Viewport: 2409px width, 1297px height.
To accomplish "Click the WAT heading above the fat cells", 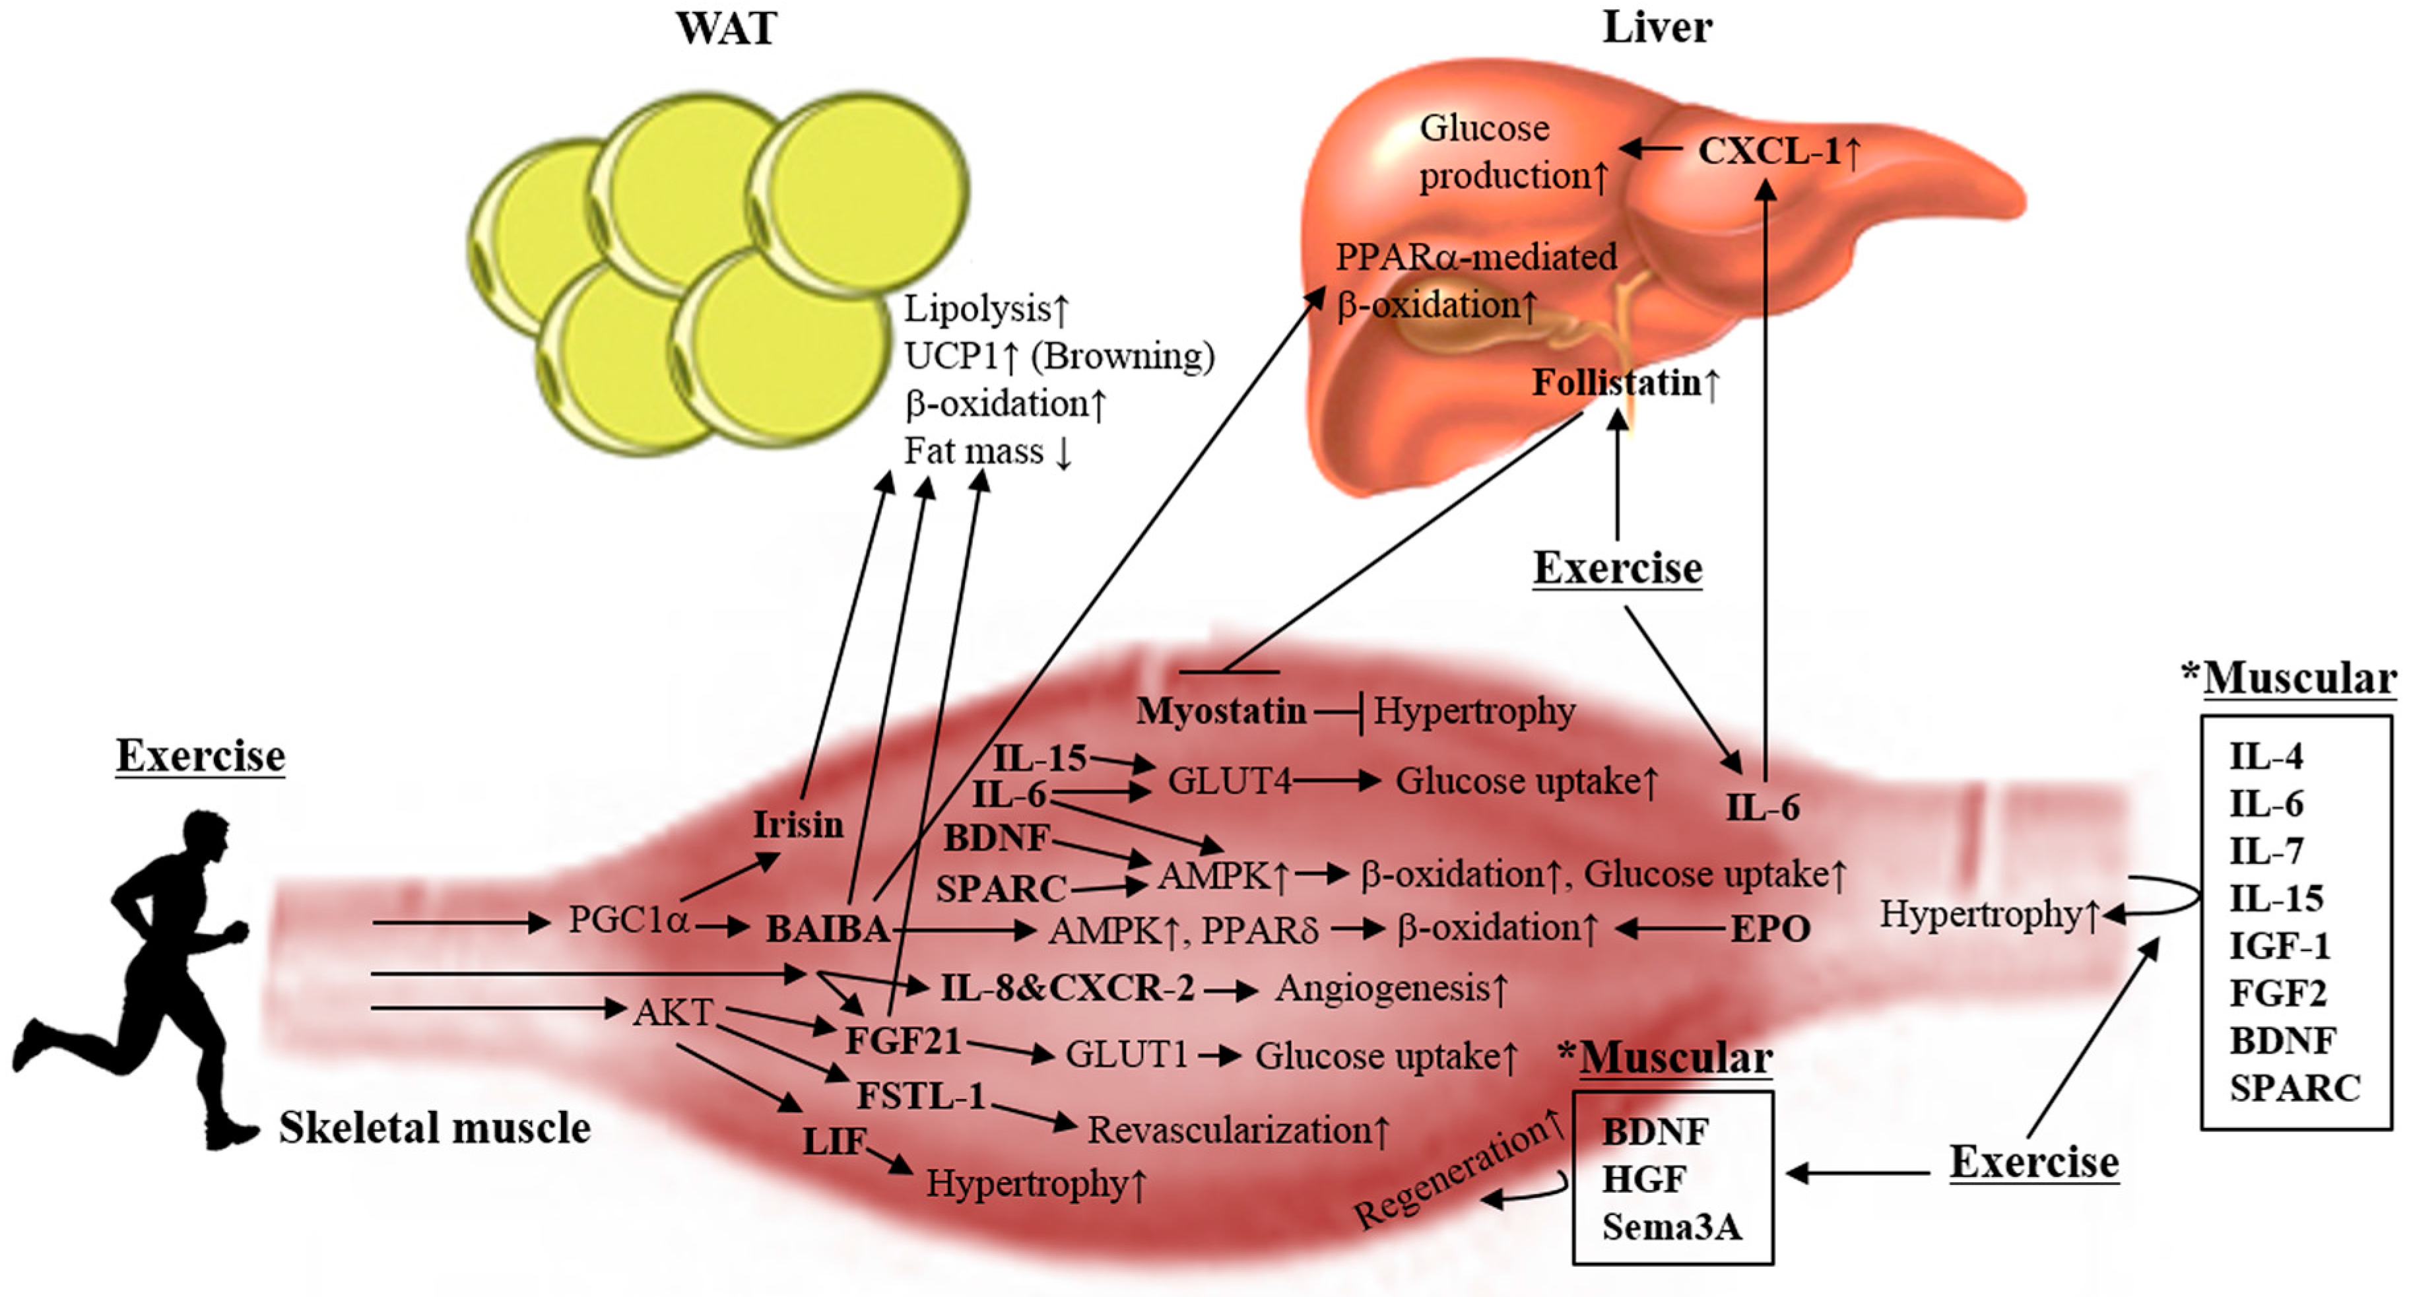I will pos(726,29).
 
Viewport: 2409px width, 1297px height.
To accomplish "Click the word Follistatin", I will pos(1616,382).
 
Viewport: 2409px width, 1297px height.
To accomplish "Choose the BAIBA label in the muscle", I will pos(828,929).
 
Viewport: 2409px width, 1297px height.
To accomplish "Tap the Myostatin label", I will pos(1220,712).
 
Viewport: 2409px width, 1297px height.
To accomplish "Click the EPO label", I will pos(1770,929).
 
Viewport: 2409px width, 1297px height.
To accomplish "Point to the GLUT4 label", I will pos(1229,781).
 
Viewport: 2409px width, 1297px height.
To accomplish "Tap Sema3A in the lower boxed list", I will pos(1671,1226).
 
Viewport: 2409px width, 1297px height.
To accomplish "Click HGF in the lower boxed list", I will pos(1644,1179).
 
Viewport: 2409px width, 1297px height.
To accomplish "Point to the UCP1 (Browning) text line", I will pos(1059,356).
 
